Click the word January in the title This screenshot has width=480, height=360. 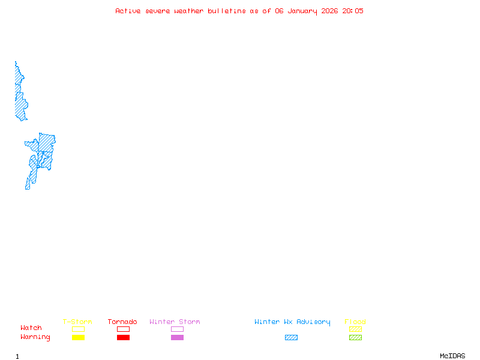click(x=302, y=11)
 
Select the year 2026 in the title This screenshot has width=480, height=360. click(x=329, y=11)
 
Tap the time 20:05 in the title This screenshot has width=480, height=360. click(x=353, y=11)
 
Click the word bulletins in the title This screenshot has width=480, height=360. click(x=227, y=11)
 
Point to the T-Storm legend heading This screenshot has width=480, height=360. click(x=77, y=322)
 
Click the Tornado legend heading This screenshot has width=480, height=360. click(x=122, y=322)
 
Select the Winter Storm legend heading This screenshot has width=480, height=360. click(x=175, y=322)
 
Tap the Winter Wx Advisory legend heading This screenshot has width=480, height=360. click(x=292, y=322)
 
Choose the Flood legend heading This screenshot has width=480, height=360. click(x=355, y=322)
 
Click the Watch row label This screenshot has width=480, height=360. click(x=31, y=328)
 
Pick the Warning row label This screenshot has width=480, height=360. click(x=35, y=337)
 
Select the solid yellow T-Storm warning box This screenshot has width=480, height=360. click(x=79, y=337)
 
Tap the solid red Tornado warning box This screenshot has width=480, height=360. click(x=124, y=337)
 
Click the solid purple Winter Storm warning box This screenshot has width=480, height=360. click(x=177, y=337)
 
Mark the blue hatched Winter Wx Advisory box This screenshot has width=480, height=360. click(x=291, y=337)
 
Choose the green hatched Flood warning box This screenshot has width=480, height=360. click(x=355, y=337)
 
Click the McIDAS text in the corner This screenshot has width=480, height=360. click(x=452, y=356)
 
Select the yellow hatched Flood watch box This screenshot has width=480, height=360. click(x=355, y=329)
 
